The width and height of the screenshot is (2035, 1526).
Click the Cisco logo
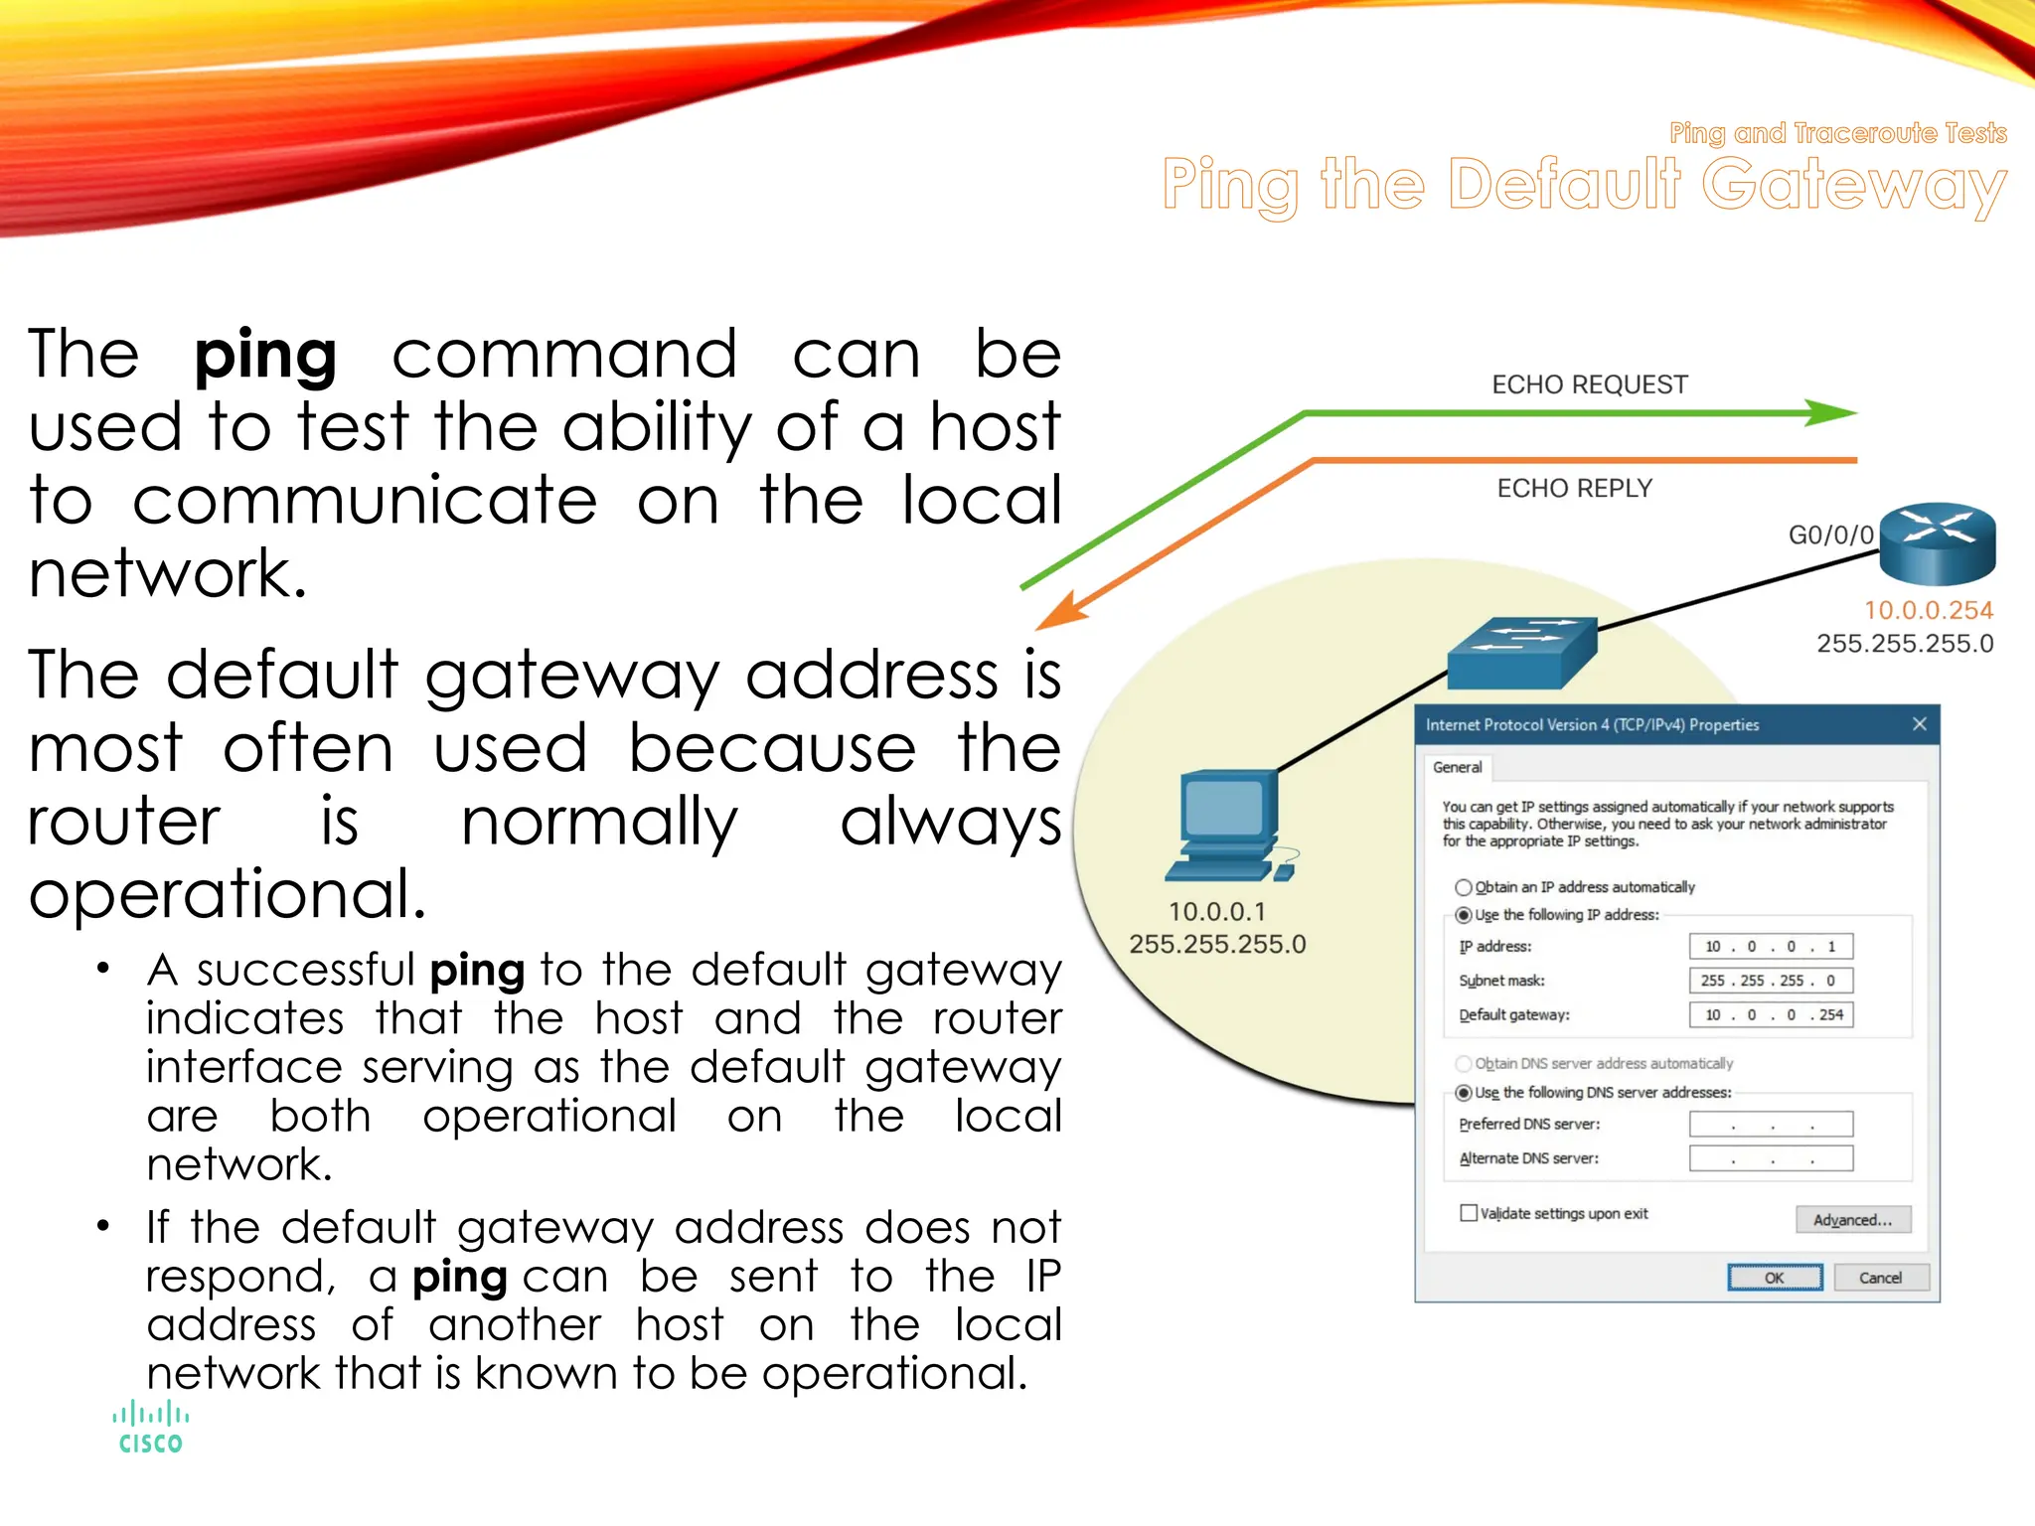click(x=150, y=1428)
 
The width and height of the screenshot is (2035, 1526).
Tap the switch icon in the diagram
click(x=1521, y=653)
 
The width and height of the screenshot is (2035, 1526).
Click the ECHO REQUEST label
click(x=1589, y=384)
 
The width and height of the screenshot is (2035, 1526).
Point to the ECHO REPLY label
click(x=1574, y=488)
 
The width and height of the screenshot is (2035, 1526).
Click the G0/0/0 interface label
click(x=1830, y=535)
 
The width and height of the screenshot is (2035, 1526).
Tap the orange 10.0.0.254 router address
click(x=1928, y=610)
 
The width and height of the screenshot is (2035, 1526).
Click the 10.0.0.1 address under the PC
click(x=1216, y=911)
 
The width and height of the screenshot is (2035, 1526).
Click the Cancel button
click(x=1880, y=1278)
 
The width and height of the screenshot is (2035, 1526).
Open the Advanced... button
click(x=1852, y=1220)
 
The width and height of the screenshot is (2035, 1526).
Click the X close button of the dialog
click(x=1920, y=724)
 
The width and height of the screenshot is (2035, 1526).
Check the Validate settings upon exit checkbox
click(x=1469, y=1213)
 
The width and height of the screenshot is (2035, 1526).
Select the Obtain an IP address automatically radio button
click(x=1464, y=887)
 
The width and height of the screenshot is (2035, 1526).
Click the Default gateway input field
click(x=1771, y=1014)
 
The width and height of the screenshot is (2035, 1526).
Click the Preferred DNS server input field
click(x=1771, y=1125)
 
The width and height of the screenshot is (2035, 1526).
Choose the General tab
click(x=1457, y=767)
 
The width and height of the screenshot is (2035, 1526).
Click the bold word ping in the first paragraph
click(x=265, y=356)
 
